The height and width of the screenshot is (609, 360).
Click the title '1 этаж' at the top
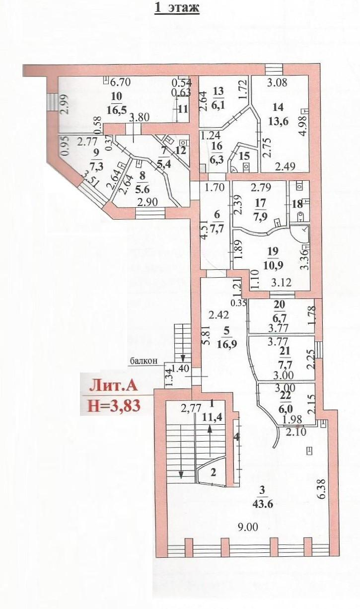tap(177, 7)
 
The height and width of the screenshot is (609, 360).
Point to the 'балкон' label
tap(144, 361)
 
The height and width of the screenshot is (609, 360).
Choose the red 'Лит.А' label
tap(114, 387)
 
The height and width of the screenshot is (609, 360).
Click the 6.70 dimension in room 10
tap(120, 81)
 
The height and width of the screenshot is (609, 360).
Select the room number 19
tap(273, 251)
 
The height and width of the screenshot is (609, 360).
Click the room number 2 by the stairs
tap(214, 472)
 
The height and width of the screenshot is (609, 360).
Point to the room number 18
tap(297, 204)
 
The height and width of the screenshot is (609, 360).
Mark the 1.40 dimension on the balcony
tap(182, 369)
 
